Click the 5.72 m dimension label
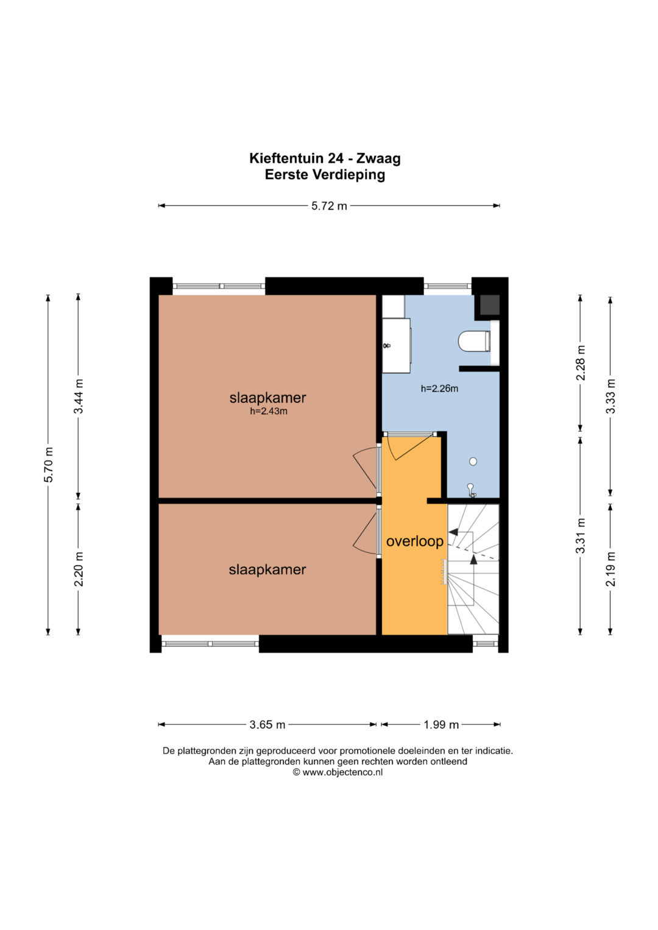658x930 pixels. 329,206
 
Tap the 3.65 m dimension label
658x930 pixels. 267,725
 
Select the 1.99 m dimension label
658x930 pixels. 440,725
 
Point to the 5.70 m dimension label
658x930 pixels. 49,465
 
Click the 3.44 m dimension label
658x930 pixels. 79,396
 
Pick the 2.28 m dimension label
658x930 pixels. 581,362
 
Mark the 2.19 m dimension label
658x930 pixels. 610,569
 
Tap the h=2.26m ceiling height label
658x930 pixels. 439,389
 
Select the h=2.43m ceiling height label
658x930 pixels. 269,412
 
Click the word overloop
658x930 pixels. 415,541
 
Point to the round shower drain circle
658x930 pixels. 473,461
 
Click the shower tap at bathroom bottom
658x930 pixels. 471,490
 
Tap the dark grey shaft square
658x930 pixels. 489,305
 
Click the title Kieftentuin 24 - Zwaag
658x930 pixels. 325,158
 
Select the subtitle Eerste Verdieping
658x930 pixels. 325,175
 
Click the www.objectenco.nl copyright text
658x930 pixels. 338,772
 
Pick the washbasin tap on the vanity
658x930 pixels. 387,345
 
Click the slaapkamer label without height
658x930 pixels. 267,569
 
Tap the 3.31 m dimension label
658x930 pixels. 581,535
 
